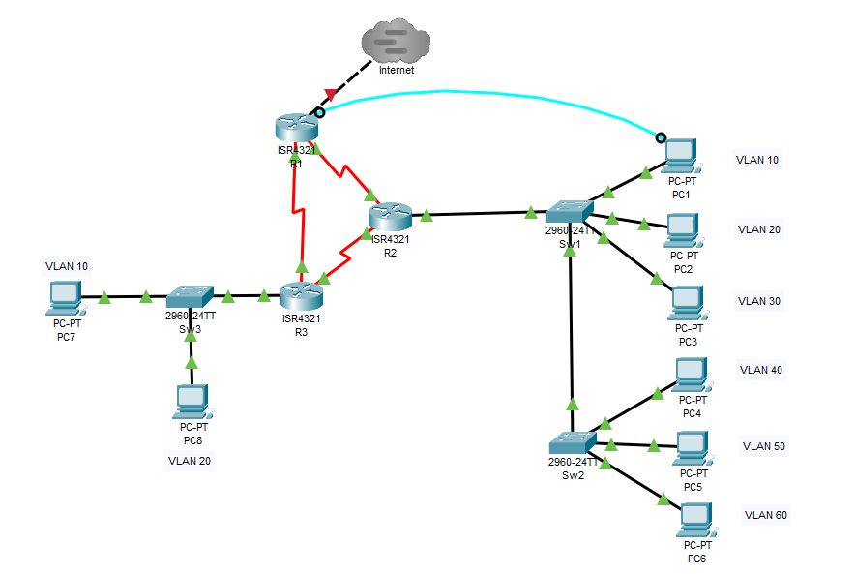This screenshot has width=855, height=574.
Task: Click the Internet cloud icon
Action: click(x=396, y=43)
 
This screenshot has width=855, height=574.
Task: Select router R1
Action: click(x=295, y=127)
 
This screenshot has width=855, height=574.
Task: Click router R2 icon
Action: click(x=391, y=217)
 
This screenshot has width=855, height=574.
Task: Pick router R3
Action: click(x=302, y=295)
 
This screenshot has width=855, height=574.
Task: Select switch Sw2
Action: click(x=572, y=442)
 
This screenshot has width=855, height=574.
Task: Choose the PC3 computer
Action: click(x=687, y=303)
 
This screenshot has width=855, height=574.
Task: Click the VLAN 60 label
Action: click(x=765, y=515)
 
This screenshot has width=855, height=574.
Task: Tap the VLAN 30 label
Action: click(x=759, y=301)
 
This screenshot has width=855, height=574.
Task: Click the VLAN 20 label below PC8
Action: click(x=189, y=461)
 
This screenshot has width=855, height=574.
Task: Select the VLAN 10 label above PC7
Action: click(x=67, y=265)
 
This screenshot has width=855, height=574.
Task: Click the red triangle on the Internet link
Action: click(x=331, y=95)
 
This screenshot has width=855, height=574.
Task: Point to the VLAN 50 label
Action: click(x=764, y=446)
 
